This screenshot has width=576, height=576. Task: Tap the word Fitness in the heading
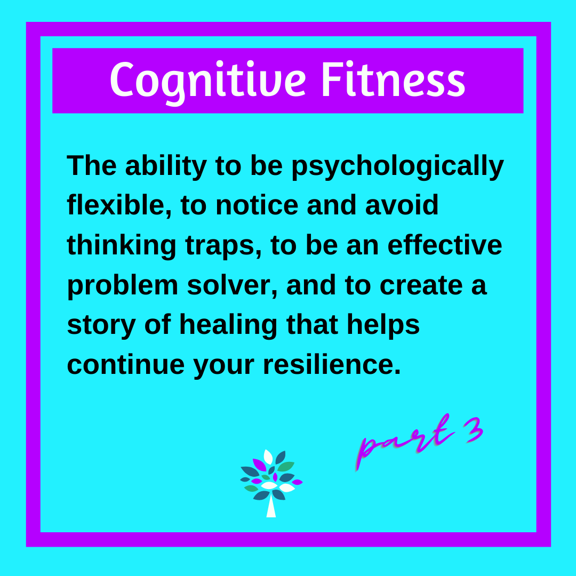(394, 80)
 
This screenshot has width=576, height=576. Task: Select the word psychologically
(397, 166)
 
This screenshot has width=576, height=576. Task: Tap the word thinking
(122, 245)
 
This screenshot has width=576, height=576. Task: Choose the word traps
(223, 245)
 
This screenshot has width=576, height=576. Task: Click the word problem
(122, 285)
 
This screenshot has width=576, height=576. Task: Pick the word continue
(125, 365)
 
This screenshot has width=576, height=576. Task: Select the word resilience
(331, 365)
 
